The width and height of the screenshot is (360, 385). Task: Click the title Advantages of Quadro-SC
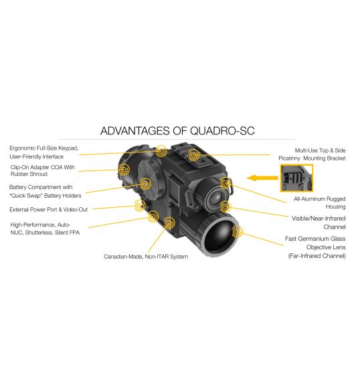[x=177, y=130]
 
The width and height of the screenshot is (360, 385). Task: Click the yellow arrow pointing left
[x=262, y=178]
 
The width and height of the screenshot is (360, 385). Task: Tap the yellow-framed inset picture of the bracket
[x=296, y=178]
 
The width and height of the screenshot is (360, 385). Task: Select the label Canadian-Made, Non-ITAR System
[x=146, y=257]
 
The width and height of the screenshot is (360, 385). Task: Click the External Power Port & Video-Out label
[x=48, y=209]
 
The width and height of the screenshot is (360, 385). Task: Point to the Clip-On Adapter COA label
[x=42, y=170]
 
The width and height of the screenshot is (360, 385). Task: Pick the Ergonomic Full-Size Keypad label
[x=43, y=152]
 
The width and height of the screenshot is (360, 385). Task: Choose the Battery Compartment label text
[x=46, y=191]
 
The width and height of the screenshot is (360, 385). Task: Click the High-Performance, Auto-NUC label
[x=45, y=229]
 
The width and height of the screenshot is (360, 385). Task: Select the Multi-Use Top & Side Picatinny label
[x=312, y=154]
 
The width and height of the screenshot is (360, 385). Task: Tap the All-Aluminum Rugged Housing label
[x=319, y=203]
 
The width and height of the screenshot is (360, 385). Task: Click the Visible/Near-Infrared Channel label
[x=319, y=223]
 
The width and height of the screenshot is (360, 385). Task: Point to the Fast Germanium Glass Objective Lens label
[x=315, y=247]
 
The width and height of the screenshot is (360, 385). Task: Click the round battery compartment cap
[x=149, y=182]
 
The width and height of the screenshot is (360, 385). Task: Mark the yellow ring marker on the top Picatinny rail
[x=193, y=155]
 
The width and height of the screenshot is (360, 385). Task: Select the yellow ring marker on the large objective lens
[x=237, y=231]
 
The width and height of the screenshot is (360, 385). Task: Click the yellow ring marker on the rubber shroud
[x=123, y=169]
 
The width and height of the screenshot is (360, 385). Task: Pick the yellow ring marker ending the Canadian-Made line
[x=169, y=223]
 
